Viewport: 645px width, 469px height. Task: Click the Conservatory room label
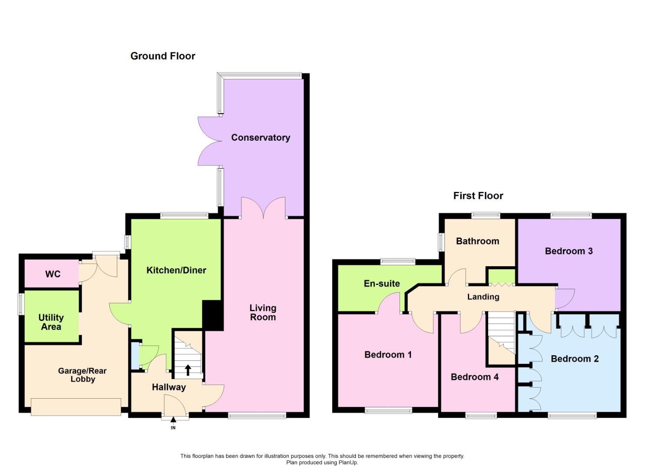[261, 138]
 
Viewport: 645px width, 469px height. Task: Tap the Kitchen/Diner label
[176, 270]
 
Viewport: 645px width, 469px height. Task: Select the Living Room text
[262, 312]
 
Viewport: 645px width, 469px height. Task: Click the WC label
[53, 274]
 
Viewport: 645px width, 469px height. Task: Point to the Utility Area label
[51, 322]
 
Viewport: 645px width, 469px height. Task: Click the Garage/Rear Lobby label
[83, 375]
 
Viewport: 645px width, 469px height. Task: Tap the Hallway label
[169, 387]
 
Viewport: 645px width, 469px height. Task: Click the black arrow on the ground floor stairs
[188, 370]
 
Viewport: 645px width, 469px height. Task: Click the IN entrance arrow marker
[173, 420]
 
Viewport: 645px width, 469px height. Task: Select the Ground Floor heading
[163, 56]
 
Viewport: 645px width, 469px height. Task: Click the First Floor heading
[478, 196]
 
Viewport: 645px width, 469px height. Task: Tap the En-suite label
[382, 284]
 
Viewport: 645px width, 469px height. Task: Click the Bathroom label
[477, 241]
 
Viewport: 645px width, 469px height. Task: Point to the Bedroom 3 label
[569, 251]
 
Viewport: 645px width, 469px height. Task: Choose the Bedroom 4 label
[474, 377]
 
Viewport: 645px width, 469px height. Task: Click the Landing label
[483, 297]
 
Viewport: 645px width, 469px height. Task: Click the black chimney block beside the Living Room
[213, 315]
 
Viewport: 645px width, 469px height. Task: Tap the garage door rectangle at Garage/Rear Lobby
[76, 407]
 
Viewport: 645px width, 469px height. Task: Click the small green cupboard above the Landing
[501, 276]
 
